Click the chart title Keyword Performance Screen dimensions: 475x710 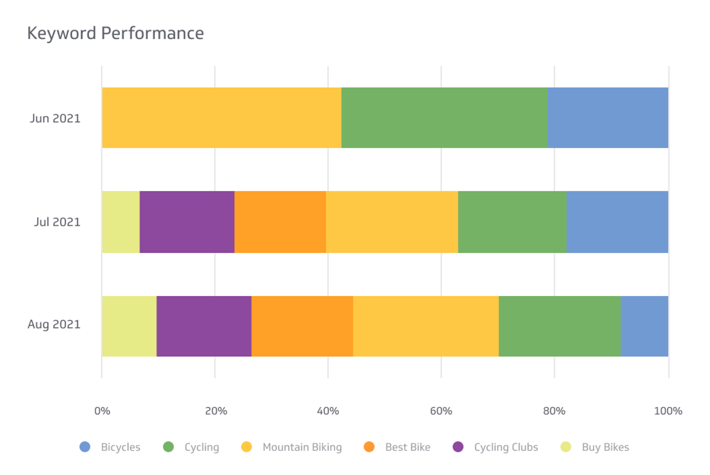[x=115, y=33]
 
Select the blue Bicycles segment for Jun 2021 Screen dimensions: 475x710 [x=608, y=117]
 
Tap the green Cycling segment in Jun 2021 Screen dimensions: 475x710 [x=444, y=117]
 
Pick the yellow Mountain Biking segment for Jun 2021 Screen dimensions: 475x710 [x=222, y=117]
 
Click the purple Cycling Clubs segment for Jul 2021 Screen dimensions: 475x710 [x=187, y=222]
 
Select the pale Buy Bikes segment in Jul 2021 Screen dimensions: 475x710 [x=121, y=222]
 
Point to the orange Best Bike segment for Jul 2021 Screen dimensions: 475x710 [x=280, y=222]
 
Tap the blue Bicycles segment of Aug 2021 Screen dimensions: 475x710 [x=644, y=326]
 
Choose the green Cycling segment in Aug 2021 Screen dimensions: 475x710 [x=559, y=326]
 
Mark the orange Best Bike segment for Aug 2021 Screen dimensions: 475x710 [x=302, y=326]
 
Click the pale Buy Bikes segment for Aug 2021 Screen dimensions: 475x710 [x=129, y=326]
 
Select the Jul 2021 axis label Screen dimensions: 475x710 [x=57, y=222]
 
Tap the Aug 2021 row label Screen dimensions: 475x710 [x=54, y=325]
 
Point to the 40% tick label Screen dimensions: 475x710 [x=328, y=411]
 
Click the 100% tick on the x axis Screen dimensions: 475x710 [x=668, y=411]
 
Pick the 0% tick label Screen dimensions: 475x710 [x=102, y=411]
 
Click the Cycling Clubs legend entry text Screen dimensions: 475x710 [x=506, y=447]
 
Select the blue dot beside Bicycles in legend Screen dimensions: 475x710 [x=85, y=447]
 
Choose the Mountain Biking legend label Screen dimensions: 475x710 [x=302, y=447]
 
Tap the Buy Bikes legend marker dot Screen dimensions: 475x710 [x=566, y=447]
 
